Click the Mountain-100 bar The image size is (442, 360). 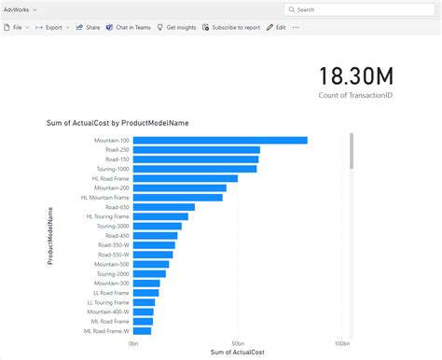tap(219, 140)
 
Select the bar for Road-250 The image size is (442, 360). tap(196, 149)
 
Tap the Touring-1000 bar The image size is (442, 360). tap(194, 169)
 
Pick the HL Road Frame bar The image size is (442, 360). tap(185, 178)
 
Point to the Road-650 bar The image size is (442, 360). tap(163, 207)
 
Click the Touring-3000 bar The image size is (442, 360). tap(157, 226)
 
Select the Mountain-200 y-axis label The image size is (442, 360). tap(112, 187)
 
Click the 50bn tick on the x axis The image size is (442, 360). tap(239, 342)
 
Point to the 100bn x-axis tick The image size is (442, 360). tap(343, 342)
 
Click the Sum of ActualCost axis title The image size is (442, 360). tap(238, 352)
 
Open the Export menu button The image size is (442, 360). tap(52, 28)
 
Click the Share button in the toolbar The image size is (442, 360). tap(89, 28)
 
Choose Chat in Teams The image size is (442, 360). tap(129, 28)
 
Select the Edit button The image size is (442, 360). tap(276, 28)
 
